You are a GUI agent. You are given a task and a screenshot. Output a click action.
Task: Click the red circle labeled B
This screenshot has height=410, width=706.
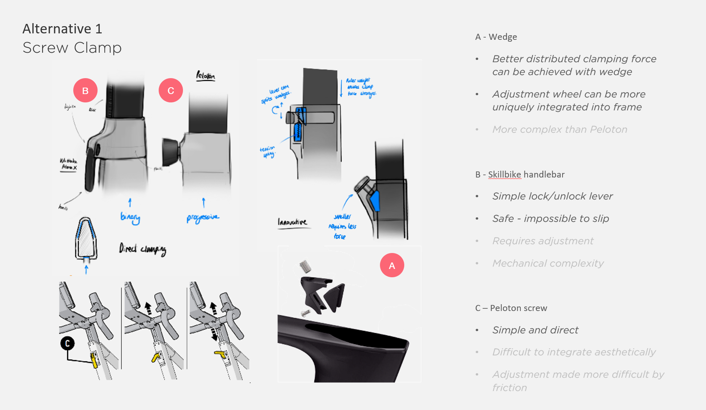pos(85,90)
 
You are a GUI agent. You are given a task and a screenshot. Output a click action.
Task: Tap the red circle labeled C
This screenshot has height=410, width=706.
pos(171,90)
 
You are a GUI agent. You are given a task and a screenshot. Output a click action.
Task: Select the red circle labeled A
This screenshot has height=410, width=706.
pos(392,265)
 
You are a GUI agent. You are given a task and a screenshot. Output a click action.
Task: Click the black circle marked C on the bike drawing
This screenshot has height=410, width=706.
pos(68,343)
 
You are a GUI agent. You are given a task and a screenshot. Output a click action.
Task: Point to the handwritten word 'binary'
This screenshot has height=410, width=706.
pos(130,217)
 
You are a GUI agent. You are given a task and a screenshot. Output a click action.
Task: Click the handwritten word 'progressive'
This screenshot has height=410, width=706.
pos(203,218)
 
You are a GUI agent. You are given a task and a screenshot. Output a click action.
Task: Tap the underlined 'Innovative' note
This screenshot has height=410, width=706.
pos(292,222)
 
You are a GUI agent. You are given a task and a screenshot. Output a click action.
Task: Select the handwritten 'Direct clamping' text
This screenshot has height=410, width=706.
pos(142,249)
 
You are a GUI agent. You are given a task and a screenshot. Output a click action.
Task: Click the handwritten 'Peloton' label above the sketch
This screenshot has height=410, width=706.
pos(205,75)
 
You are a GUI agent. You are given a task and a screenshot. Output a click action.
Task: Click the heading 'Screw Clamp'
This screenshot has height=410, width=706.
pos(72,48)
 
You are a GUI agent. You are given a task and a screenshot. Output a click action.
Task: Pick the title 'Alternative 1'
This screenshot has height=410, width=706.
pos(62,29)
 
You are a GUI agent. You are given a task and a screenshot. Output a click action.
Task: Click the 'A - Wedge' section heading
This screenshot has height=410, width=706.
pos(496,37)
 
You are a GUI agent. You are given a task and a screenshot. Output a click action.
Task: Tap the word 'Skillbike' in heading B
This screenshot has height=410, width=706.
pos(504,174)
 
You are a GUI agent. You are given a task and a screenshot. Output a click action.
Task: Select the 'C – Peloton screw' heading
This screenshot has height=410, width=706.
pos(511,308)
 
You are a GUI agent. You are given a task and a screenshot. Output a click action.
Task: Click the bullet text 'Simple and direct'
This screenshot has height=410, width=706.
pos(535,330)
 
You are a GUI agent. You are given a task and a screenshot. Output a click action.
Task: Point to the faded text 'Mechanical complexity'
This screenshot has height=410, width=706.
pos(548,263)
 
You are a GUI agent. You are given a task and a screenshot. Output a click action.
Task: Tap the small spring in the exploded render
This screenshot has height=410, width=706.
pos(305,266)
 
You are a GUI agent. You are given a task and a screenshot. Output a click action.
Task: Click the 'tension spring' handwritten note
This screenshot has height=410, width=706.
pos(268,151)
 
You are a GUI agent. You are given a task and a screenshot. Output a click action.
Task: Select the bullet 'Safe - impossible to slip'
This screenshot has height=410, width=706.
pos(550,218)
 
